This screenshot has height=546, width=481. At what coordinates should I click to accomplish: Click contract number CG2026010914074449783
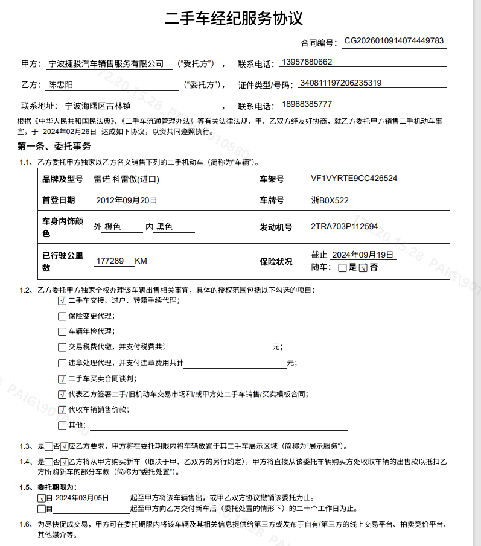point(393,41)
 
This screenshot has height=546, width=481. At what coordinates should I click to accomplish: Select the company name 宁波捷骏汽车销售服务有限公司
point(106,63)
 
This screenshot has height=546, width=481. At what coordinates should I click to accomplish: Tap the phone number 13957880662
point(307,62)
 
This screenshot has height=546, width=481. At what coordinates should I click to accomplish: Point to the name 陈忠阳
point(61,85)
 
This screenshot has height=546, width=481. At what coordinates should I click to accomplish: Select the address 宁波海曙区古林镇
point(97,106)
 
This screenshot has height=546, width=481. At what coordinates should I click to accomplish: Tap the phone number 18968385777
point(307,104)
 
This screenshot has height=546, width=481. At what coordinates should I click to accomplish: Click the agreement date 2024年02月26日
point(70,131)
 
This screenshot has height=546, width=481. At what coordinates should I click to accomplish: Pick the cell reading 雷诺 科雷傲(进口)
point(127,179)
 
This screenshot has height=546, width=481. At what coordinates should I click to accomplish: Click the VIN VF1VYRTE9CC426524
point(354,179)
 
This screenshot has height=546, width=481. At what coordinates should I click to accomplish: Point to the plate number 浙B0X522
point(330,200)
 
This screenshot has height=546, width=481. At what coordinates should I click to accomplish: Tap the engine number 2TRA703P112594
point(344,227)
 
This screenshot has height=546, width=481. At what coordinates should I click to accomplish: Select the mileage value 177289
point(110,261)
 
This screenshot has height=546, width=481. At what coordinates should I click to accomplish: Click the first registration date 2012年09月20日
point(127,200)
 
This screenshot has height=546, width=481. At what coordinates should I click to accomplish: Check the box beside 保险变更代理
point(62,316)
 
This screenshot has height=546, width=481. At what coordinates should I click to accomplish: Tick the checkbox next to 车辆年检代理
point(62,332)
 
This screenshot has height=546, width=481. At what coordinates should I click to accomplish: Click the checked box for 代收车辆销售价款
point(62,410)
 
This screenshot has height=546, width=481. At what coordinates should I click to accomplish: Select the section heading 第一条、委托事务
point(54,147)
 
